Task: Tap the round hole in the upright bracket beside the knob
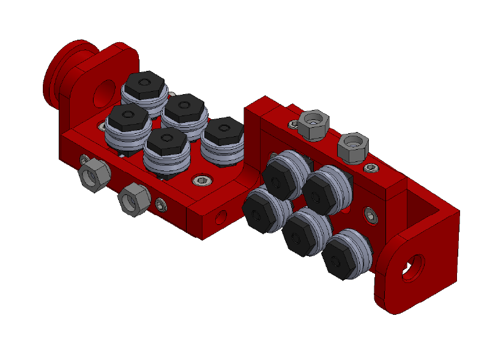point(103,90)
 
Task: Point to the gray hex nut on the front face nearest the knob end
point(94,176)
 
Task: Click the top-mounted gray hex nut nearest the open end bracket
point(354,145)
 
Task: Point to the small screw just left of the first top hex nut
point(294,124)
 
